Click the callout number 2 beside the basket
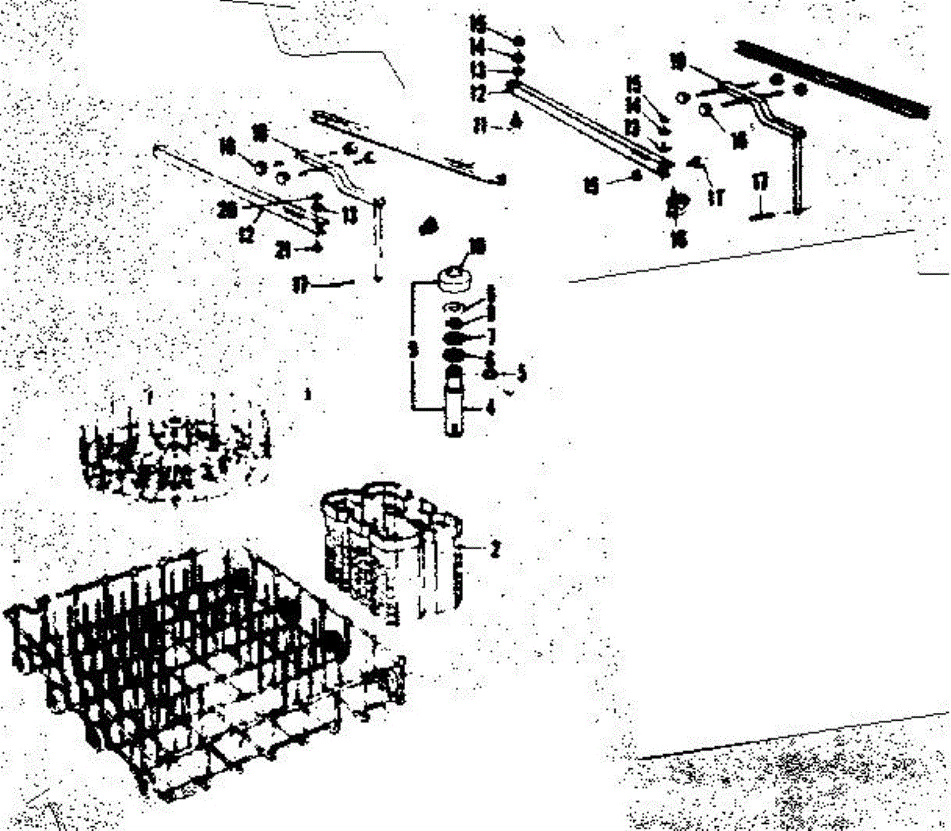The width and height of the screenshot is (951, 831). click(x=495, y=549)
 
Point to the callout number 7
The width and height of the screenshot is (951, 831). click(x=491, y=337)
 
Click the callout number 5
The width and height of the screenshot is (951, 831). click(x=521, y=372)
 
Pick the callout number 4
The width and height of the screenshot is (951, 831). click(x=491, y=409)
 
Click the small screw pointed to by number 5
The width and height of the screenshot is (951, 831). click(x=491, y=372)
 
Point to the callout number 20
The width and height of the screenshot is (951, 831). click(x=227, y=210)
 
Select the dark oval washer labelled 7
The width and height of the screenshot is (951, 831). click(x=455, y=339)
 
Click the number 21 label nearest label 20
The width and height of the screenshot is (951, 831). click(x=284, y=250)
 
